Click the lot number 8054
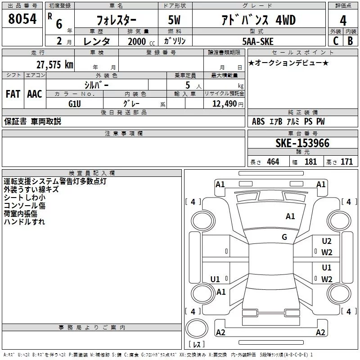pyautogui.click(x=22, y=19)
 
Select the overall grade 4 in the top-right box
pyautogui.click(x=343, y=21)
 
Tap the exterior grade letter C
pyautogui.click(x=336, y=41)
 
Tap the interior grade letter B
pyautogui.click(x=350, y=41)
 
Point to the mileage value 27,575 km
pyautogui.click(x=55, y=65)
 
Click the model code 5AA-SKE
pyautogui.click(x=258, y=41)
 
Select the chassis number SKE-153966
pyautogui.click(x=302, y=143)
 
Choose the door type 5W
pyautogui.click(x=174, y=20)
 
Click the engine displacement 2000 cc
pyautogui.click(x=141, y=41)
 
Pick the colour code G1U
pyautogui.click(x=75, y=104)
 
